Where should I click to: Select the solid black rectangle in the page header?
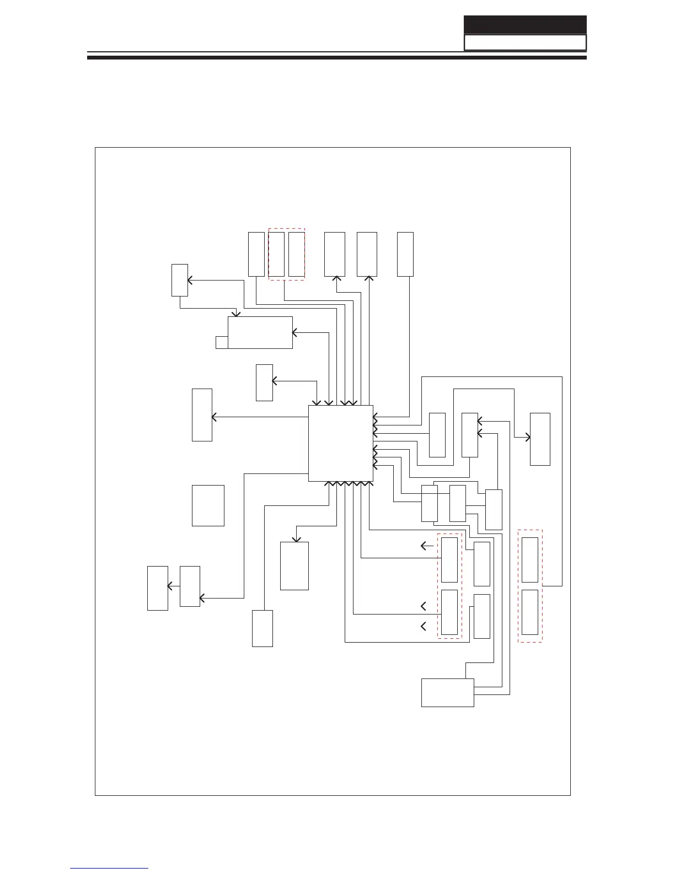click(x=524, y=25)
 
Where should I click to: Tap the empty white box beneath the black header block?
click(x=524, y=43)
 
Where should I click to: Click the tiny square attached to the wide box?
click(x=221, y=342)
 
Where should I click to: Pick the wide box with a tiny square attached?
click(x=260, y=332)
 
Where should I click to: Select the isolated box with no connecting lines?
click(x=208, y=505)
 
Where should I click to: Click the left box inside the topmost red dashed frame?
click(x=276, y=254)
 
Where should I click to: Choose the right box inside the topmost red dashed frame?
click(x=297, y=254)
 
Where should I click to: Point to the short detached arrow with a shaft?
click(x=427, y=546)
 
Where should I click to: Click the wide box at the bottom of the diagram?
click(x=447, y=692)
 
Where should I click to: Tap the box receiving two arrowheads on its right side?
click(x=470, y=435)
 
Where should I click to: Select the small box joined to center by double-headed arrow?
click(x=264, y=382)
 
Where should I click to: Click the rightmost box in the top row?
click(x=405, y=254)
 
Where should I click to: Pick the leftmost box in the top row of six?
click(x=256, y=254)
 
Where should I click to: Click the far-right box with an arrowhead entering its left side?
click(x=540, y=439)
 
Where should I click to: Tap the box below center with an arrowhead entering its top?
click(x=294, y=566)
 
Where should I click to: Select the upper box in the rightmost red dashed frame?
click(x=530, y=560)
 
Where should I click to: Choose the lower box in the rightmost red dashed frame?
click(x=530, y=612)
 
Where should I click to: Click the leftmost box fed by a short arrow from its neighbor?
click(x=157, y=588)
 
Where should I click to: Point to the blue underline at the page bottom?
click(x=109, y=868)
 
